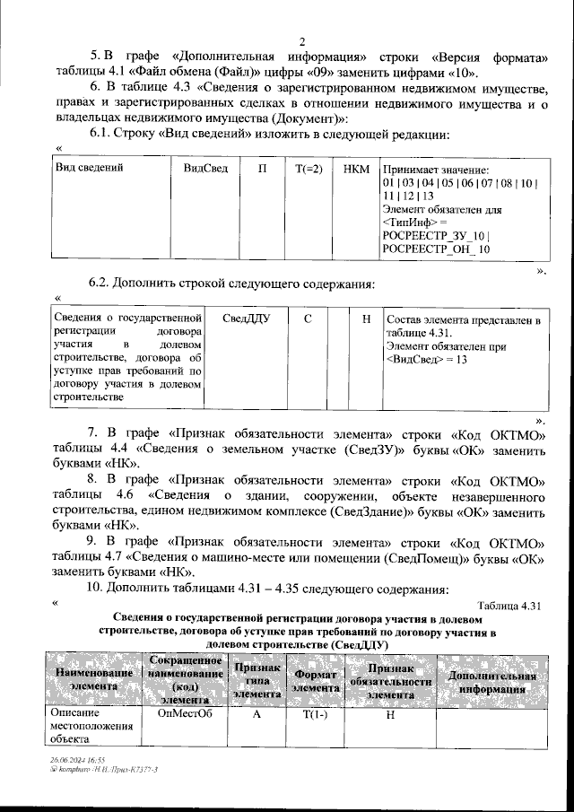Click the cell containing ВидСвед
coord(204,168)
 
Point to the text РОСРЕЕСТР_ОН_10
coord(436,249)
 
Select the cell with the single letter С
coord(308,318)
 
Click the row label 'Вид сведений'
coord(90,168)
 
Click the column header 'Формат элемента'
coord(315,679)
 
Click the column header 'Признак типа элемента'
coord(257,679)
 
